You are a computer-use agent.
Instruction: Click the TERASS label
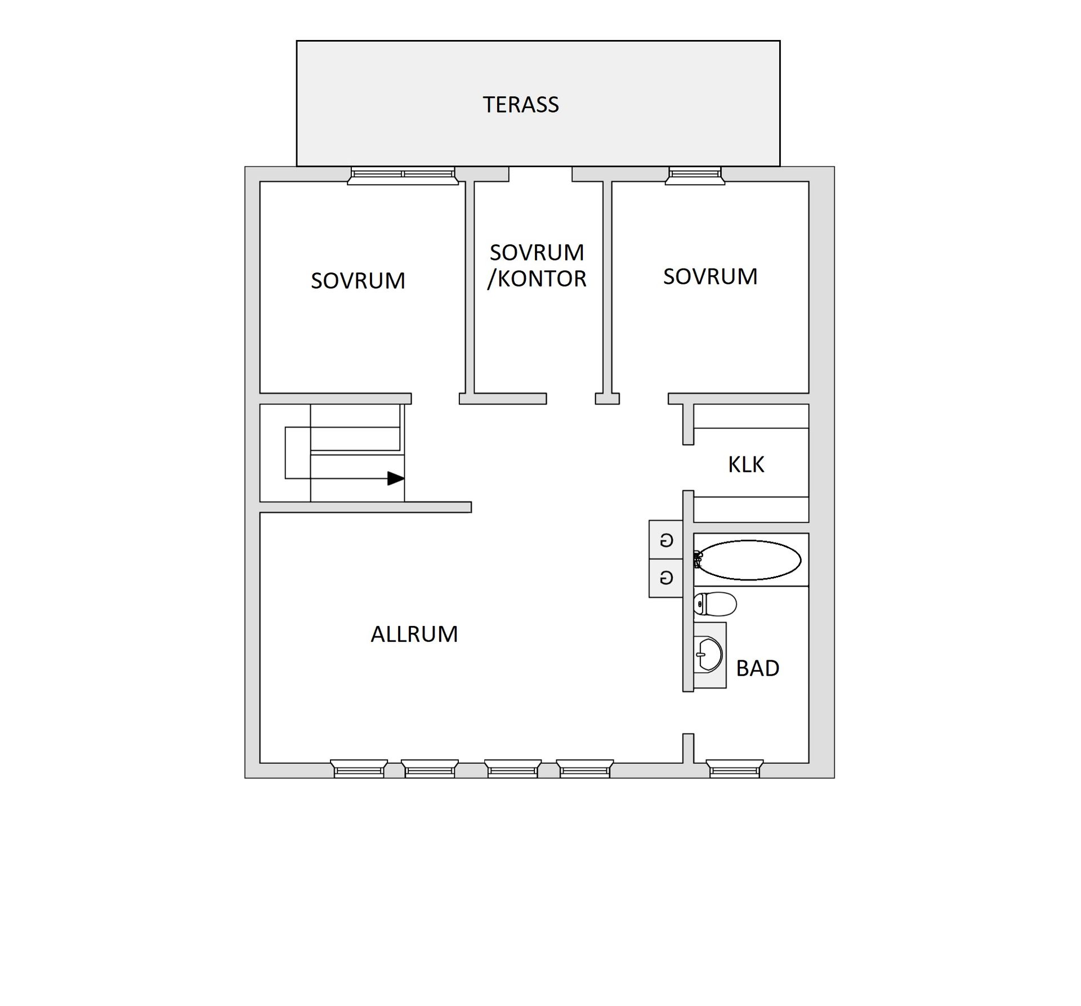click(x=521, y=105)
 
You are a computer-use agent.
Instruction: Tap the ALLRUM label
click(x=414, y=634)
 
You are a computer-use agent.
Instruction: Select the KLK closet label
click(x=746, y=464)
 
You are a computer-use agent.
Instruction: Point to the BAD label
click(x=757, y=668)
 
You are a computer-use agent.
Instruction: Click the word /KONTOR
click(x=537, y=279)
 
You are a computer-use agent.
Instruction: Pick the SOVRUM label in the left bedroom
click(x=358, y=281)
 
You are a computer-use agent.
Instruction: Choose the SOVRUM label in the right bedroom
click(x=710, y=276)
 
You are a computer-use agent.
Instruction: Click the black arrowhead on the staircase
click(x=396, y=479)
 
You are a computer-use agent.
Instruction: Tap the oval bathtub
click(x=749, y=560)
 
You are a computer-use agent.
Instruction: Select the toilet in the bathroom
click(x=715, y=604)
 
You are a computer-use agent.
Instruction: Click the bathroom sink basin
click(x=708, y=655)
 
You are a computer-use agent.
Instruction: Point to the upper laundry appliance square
click(x=666, y=540)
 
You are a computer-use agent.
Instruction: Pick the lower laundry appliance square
click(x=666, y=578)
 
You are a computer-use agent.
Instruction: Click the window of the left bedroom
click(x=403, y=175)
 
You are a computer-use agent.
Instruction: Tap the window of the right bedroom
click(x=695, y=175)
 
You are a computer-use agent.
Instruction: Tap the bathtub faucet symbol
click(x=698, y=560)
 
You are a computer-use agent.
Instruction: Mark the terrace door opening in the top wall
click(x=540, y=173)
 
